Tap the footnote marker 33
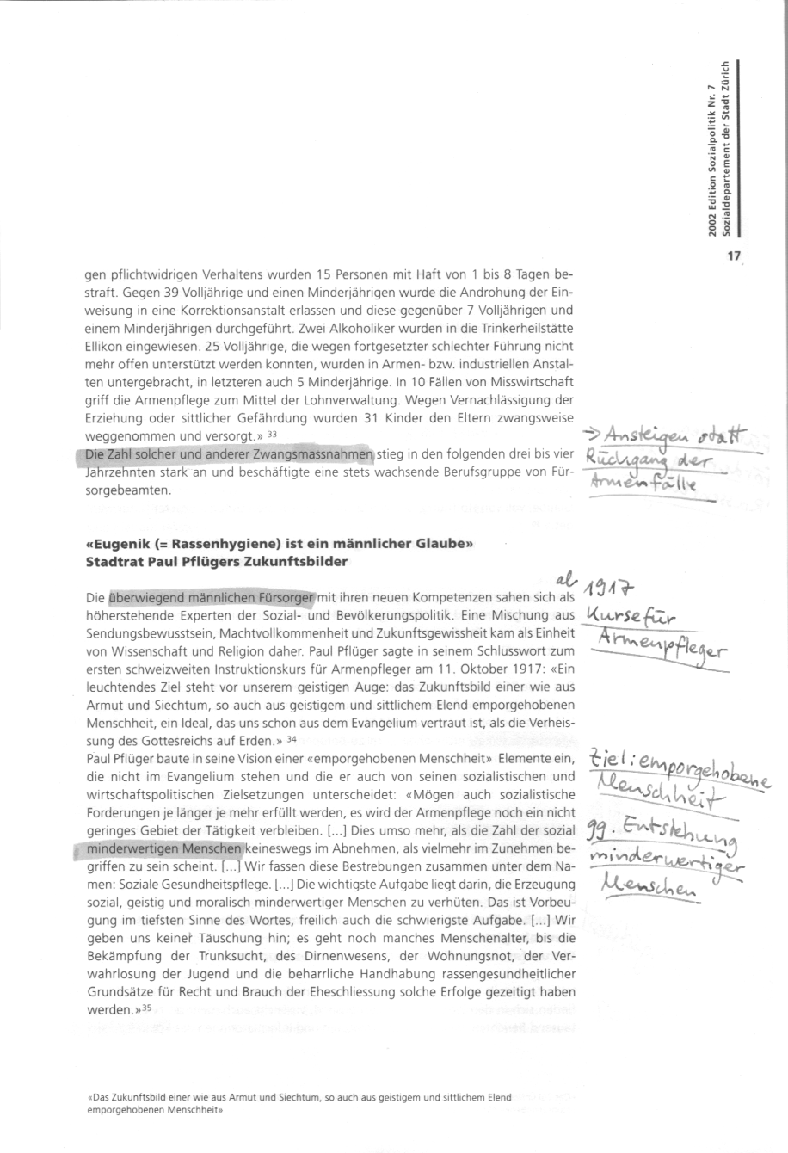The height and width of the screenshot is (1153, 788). pyautogui.click(x=272, y=435)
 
